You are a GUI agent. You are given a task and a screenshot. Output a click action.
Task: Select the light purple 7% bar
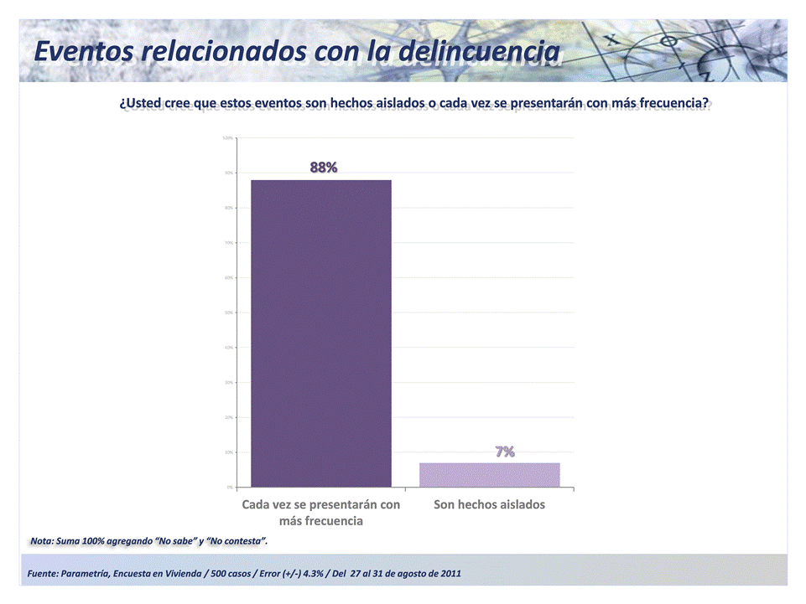(489, 474)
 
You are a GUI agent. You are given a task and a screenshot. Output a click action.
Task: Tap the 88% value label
(324, 168)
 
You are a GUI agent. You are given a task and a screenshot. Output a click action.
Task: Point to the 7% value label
(504, 452)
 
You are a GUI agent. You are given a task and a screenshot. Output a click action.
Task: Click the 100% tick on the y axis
(228, 137)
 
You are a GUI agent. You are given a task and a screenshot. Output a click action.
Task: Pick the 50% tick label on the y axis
(228, 312)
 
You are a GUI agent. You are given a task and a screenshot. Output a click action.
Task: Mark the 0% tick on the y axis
(229, 487)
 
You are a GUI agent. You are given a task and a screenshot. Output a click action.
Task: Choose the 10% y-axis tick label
(228, 452)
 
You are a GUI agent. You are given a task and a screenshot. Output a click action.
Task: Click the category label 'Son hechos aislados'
(489, 504)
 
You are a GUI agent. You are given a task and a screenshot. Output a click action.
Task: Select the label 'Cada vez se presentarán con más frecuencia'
(321, 513)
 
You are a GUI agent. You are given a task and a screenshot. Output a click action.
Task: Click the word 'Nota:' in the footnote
(41, 541)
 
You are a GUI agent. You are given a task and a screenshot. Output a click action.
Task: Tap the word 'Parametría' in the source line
(86, 573)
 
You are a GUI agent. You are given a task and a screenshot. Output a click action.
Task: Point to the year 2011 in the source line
(447, 573)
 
